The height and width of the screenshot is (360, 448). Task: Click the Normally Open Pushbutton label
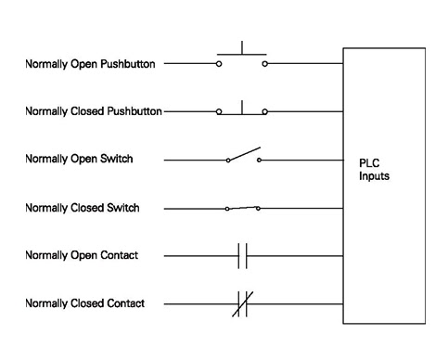click(x=90, y=64)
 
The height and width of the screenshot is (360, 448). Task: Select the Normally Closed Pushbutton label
click(x=94, y=111)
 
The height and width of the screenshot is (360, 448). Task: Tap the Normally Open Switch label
click(x=79, y=160)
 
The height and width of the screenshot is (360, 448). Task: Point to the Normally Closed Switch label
click(x=83, y=208)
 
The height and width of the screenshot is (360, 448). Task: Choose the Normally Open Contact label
click(x=82, y=255)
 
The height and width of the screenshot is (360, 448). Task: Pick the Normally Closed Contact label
click(x=84, y=303)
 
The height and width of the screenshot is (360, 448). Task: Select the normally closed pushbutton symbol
click(x=242, y=109)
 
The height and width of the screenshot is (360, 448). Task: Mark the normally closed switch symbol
click(x=242, y=207)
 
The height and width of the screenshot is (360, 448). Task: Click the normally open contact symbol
click(x=243, y=255)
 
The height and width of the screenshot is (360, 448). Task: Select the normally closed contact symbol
click(x=243, y=303)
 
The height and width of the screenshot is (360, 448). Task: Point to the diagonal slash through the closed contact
click(x=244, y=303)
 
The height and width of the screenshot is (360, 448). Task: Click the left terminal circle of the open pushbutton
click(x=219, y=65)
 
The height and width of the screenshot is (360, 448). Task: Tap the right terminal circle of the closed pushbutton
click(x=265, y=112)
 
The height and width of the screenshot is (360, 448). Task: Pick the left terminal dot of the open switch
click(x=227, y=161)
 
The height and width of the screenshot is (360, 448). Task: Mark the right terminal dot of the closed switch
click(x=259, y=208)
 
